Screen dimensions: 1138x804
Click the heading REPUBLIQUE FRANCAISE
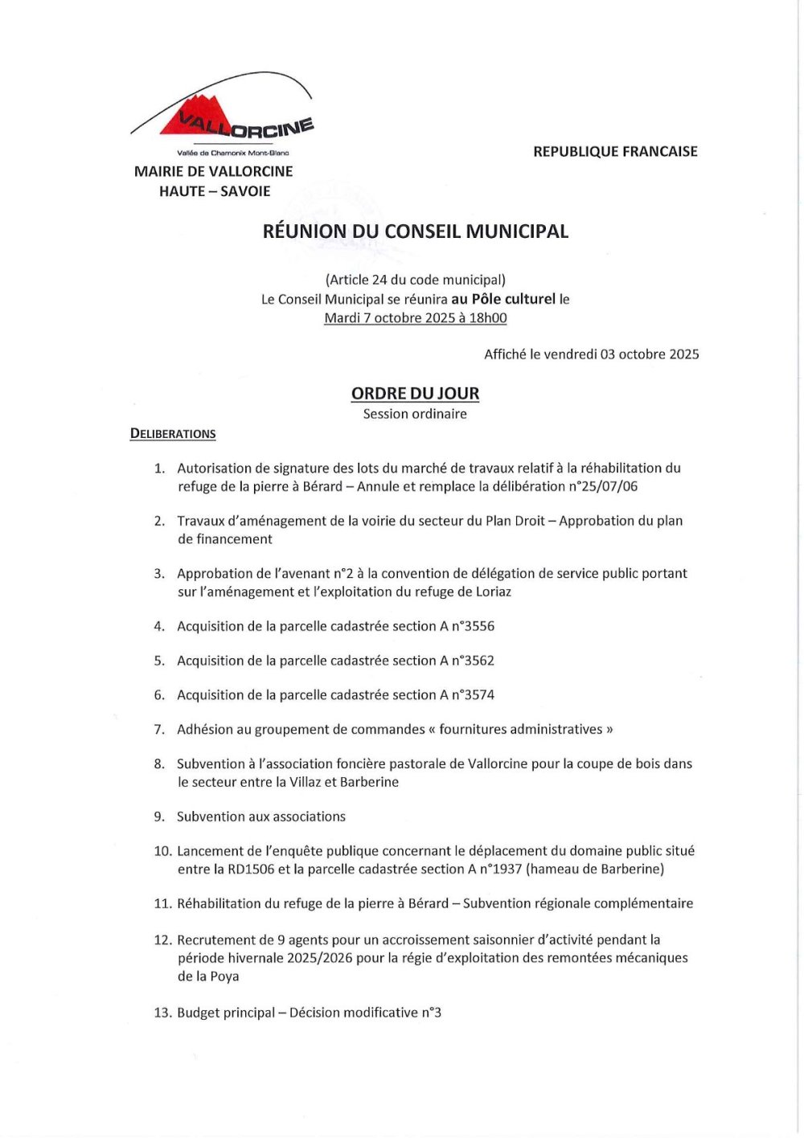615,151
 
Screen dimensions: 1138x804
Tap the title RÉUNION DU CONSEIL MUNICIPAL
415,231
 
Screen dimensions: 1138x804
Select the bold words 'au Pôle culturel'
503,299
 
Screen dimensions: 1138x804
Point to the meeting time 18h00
488,317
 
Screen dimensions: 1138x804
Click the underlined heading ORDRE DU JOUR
415,394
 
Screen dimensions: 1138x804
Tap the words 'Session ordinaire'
415,414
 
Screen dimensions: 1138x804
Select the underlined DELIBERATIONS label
173,434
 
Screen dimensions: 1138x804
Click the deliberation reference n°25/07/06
603,486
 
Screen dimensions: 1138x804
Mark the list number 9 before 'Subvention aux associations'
159,817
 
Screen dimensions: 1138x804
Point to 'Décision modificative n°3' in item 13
365,1013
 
